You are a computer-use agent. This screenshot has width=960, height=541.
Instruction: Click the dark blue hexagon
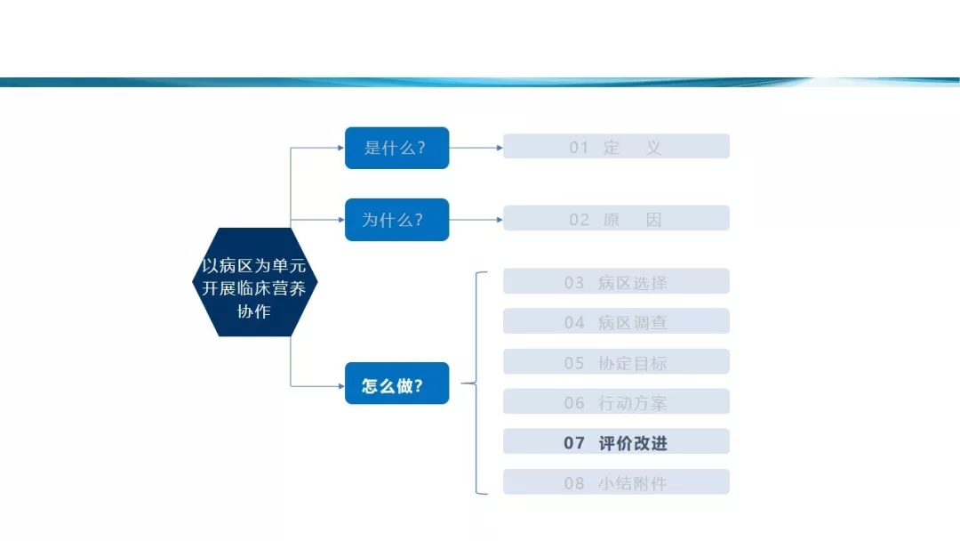255,282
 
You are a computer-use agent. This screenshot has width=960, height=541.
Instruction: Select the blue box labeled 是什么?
396,148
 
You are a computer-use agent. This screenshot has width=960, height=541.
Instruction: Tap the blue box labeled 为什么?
396,220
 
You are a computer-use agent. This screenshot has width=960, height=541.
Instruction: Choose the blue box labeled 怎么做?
396,383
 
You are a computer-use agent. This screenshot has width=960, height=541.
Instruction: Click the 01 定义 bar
616,147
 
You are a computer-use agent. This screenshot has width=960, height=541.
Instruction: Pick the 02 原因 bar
616,218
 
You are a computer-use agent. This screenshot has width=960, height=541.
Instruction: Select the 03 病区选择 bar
616,281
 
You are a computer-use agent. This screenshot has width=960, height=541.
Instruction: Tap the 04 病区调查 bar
616,321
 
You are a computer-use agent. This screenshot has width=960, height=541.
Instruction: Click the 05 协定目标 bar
616,361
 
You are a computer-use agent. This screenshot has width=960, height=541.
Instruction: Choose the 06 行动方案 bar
616,401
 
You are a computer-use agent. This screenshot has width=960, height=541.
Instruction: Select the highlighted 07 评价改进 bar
616,441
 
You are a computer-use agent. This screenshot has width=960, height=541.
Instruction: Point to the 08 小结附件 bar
616,482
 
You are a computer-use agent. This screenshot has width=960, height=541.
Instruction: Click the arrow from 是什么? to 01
476,148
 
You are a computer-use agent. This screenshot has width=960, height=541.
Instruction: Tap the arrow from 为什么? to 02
476,220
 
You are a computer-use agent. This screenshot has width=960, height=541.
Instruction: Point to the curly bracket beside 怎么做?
476,383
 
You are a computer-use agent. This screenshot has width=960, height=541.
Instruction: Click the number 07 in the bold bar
574,443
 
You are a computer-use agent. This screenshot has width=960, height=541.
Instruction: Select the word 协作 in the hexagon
254,311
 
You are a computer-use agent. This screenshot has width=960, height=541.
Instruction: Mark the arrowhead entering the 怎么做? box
341,386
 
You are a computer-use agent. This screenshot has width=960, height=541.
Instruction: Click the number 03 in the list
574,283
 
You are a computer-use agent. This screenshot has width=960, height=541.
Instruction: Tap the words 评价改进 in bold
633,443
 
